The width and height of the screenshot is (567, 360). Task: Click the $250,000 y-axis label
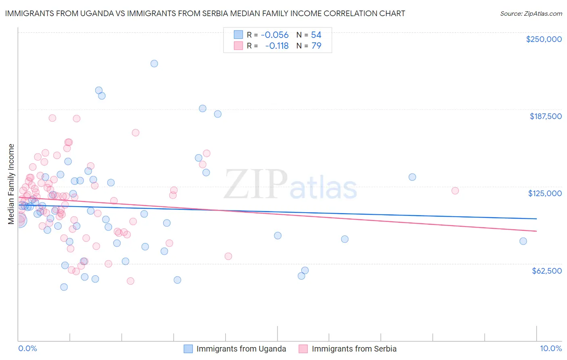[x=544, y=39]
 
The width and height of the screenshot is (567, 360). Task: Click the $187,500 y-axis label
[x=545, y=116]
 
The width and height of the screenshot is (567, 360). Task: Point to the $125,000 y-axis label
[x=545, y=193]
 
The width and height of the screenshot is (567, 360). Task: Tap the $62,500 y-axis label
[x=546, y=271]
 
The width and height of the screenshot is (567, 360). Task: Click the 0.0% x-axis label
[x=27, y=348]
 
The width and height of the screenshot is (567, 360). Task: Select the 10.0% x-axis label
[x=550, y=348]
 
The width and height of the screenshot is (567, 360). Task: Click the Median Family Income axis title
[x=11, y=184]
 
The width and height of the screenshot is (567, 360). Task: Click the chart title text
[x=205, y=13]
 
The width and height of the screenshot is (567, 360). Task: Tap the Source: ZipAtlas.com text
[x=531, y=13]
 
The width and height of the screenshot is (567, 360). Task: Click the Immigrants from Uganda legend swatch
[x=188, y=349]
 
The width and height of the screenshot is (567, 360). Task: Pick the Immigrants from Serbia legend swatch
[x=303, y=349]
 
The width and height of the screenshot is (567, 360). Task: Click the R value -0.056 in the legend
[x=275, y=35]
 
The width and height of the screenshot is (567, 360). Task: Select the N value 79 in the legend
[x=316, y=46]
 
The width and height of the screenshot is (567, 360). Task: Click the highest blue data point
[x=154, y=63]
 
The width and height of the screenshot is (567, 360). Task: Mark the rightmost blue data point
[x=523, y=241]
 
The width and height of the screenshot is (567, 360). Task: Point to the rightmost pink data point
[x=455, y=190]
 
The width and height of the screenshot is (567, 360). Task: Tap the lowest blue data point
[x=64, y=287]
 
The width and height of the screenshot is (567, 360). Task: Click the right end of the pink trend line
[x=536, y=231]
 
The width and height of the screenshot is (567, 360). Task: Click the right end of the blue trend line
[x=536, y=218]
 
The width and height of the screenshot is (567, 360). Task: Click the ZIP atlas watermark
[x=290, y=185]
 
